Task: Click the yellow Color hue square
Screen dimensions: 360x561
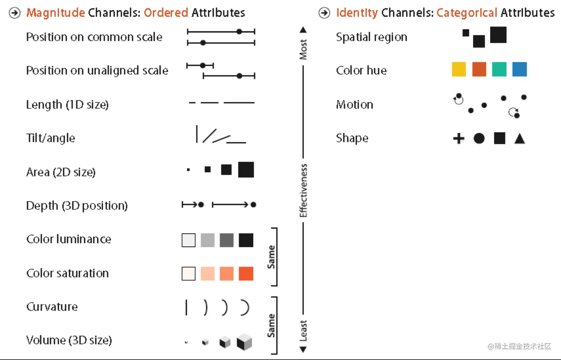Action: pyautogui.click(x=459, y=69)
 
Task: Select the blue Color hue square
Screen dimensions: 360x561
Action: pyautogui.click(x=519, y=69)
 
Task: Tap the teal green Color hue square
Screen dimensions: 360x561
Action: pyautogui.click(x=499, y=69)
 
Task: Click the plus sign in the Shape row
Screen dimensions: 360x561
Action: pyautogui.click(x=459, y=138)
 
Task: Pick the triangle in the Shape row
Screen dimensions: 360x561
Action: pyautogui.click(x=520, y=139)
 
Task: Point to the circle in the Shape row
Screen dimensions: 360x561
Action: pyautogui.click(x=479, y=138)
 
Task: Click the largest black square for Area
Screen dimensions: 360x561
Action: pyautogui.click(x=246, y=170)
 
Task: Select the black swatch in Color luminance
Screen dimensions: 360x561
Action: pyautogui.click(x=246, y=240)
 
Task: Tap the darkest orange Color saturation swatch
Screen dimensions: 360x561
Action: pyautogui.click(x=246, y=274)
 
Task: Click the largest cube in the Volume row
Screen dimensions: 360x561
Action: pyautogui.click(x=244, y=342)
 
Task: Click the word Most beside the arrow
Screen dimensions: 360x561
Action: pyautogui.click(x=304, y=50)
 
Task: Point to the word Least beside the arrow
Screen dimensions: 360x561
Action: pyautogui.click(x=304, y=331)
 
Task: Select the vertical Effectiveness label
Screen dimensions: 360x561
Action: pyautogui.click(x=304, y=191)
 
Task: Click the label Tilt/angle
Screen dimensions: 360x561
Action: pyautogui.click(x=50, y=138)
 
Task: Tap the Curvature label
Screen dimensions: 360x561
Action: pyautogui.click(x=52, y=306)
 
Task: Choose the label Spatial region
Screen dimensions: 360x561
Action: pyautogui.click(x=371, y=37)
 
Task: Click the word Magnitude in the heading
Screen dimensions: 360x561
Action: pyautogui.click(x=56, y=13)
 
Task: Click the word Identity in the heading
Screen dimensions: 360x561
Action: pyautogui.click(x=357, y=13)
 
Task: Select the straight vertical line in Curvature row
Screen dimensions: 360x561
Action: pyautogui.click(x=186, y=308)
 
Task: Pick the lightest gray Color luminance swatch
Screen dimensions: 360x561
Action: pyautogui.click(x=188, y=240)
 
